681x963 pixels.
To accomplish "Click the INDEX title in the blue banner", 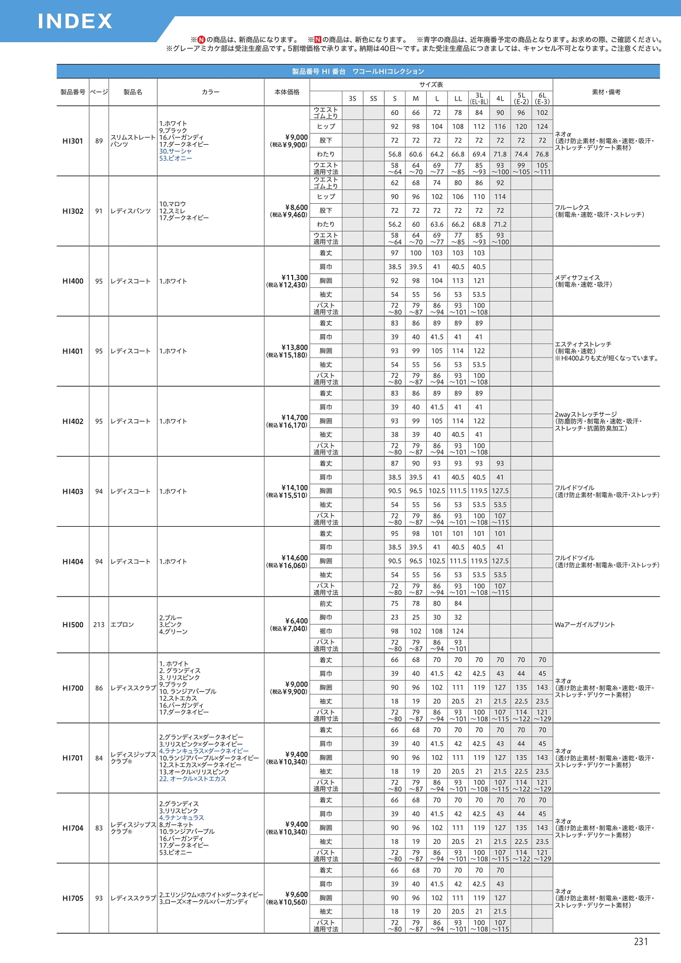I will pos(75,21).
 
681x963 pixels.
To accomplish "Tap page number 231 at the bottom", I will pos(641,942).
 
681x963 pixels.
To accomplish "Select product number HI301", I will pos(72,141).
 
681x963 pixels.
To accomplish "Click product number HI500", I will pos(72,625).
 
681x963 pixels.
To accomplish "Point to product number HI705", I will pos(72,898).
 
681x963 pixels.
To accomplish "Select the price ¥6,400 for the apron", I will pos(296,621).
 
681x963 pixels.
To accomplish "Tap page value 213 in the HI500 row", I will pos(99,625).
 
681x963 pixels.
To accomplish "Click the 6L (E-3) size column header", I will pos(542,98).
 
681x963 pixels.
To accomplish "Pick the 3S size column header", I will pos(352,98).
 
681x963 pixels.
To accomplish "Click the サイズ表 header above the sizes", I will pos(431,85).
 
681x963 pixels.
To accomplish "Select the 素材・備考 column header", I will pos(606,92).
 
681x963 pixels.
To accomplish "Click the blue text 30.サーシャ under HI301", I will pos(176,152).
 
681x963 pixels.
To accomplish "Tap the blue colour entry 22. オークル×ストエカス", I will pos(193,779).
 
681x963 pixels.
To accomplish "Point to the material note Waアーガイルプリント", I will pos(585,625).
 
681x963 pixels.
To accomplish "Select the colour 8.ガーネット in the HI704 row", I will pos(179,825).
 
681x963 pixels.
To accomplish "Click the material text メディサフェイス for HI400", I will pos(577,278).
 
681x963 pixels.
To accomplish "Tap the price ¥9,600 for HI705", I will pos(296,894).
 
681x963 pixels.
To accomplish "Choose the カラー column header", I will pos(210,92).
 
